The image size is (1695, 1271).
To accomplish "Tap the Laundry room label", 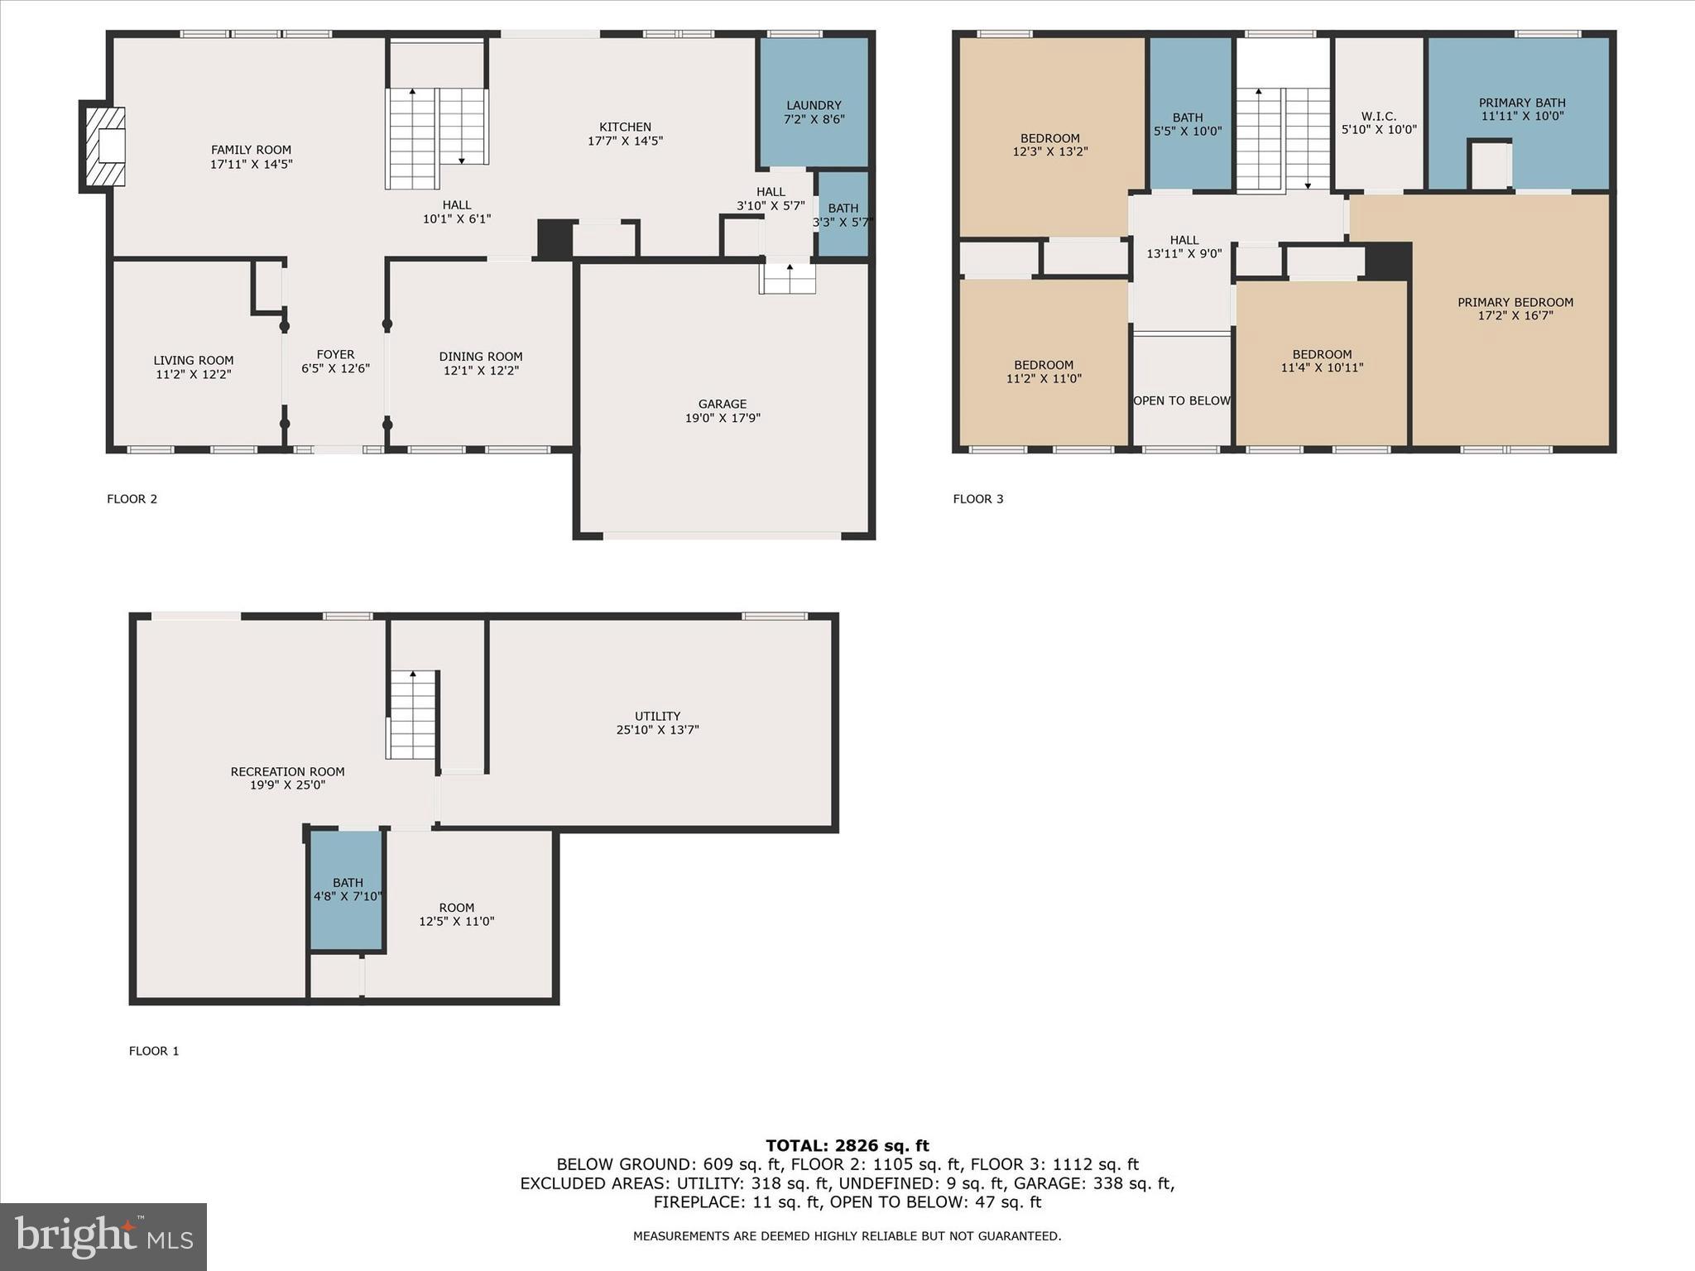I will (x=814, y=106).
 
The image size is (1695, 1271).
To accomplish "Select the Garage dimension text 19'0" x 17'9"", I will (x=723, y=418).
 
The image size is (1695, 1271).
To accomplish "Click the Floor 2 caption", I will (x=132, y=499).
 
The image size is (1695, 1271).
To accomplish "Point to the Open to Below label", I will (x=1181, y=400).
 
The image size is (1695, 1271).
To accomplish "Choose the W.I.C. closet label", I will (x=1378, y=117).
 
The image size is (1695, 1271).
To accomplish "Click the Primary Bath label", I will (x=1521, y=103).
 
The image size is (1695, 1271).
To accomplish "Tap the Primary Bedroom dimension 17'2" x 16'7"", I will (x=1515, y=316).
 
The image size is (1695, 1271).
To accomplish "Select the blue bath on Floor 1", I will (x=347, y=890).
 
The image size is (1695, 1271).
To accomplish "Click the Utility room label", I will (x=657, y=717).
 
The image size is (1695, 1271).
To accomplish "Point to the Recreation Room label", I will (x=287, y=772).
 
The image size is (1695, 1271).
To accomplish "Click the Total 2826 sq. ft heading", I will (x=847, y=1146).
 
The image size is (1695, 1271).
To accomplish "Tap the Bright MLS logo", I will (x=103, y=1236).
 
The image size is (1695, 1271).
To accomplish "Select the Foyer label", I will (x=335, y=355).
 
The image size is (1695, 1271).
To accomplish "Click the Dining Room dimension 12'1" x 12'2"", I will (x=481, y=371).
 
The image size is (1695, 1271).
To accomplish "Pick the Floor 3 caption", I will (x=977, y=499).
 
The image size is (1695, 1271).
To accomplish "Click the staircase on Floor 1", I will (x=412, y=715).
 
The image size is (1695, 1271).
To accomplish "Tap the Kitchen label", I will (x=625, y=127).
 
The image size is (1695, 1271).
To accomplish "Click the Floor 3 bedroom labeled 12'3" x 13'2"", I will (x=1049, y=145).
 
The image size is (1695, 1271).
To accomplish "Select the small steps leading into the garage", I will (x=788, y=279).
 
